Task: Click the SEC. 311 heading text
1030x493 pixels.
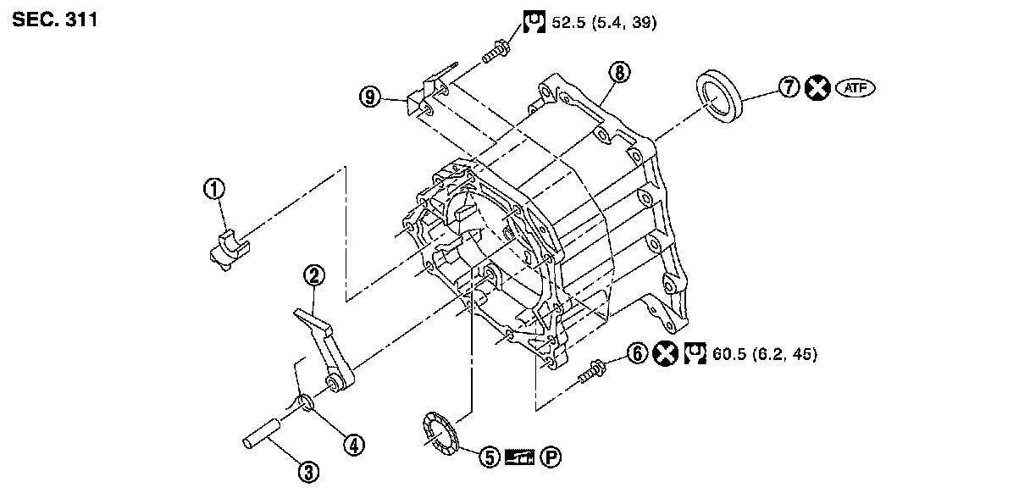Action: click(x=55, y=19)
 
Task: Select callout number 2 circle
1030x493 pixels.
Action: click(x=314, y=275)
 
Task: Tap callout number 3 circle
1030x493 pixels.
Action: click(x=307, y=472)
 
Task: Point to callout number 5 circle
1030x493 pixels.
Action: click(x=489, y=457)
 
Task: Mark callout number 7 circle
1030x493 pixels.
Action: click(x=789, y=87)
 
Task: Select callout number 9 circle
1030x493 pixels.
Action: click(x=369, y=97)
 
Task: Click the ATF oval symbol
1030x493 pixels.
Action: click(x=854, y=87)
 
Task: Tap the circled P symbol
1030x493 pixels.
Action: click(x=551, y=457)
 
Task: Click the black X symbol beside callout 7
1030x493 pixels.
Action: click(x=817, y=87)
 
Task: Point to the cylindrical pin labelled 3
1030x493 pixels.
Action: click(x=265, y=434)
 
